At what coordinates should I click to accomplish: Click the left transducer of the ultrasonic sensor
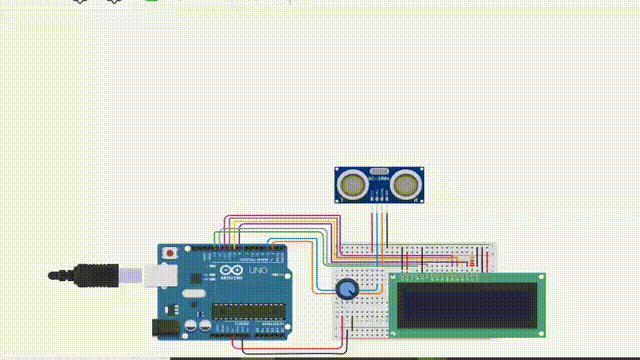click(x=352, y=184)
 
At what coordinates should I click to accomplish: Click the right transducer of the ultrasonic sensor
click(x=406, y=184)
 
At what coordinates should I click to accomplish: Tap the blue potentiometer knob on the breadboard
click(x=346, y=289)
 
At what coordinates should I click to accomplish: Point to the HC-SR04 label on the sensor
click(x=380, y=171)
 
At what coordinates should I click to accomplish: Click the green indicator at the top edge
click(x=152, y=2)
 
